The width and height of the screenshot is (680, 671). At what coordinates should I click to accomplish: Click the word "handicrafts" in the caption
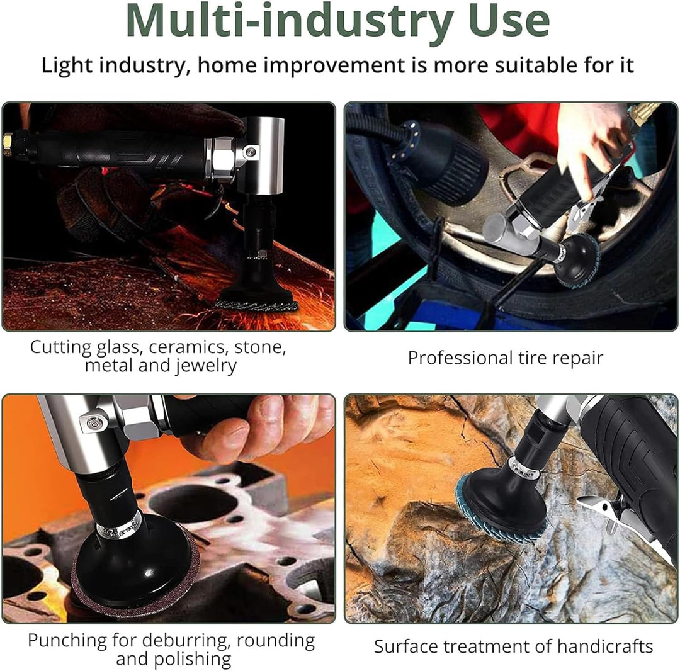(x=605, y=646)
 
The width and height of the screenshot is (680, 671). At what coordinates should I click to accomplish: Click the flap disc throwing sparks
(x=256, y=304)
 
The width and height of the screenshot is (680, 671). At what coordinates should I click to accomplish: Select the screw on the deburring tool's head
(x=91, y=423)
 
